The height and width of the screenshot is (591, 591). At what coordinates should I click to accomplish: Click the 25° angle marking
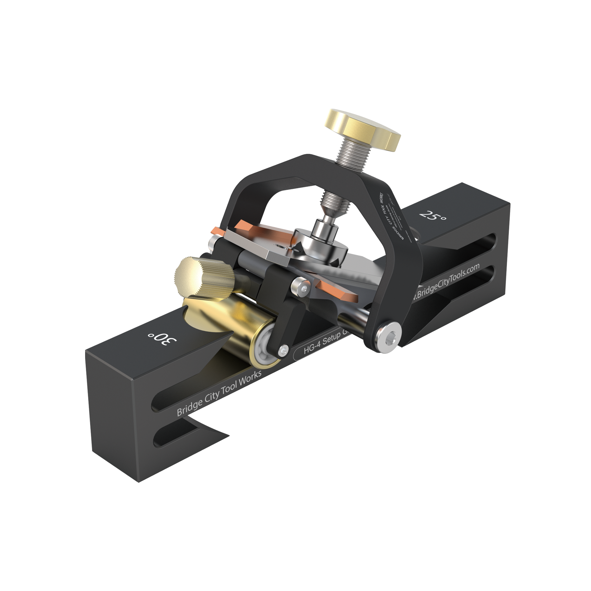pyautogui.click(x=433, y=215)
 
